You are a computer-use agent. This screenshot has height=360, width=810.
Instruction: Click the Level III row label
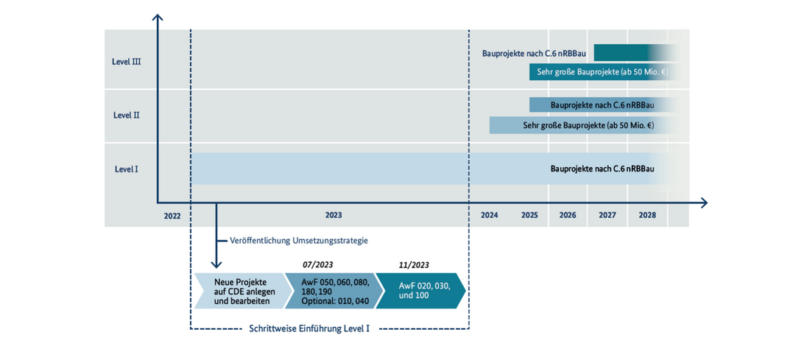pyautogui.click(x=127, y=61)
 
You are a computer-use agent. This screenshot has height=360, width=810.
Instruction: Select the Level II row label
pyautogui.click(x=127, y=115)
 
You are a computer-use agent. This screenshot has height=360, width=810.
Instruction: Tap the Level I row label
pyautogui.click(x=127, y=169)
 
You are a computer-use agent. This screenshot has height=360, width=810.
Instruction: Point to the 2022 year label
pyautogui.click(x=172, y=216)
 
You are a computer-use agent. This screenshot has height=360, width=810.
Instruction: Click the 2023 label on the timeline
pyautogui.click(x=333, y=216)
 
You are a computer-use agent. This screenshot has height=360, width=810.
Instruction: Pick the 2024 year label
pyautogui.click(x=489, y=216)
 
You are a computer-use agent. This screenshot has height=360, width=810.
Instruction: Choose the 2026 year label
pyautogui.click(x=568, y=216)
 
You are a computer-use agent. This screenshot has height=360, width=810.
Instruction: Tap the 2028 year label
pyautogui.click(x=647, y=216)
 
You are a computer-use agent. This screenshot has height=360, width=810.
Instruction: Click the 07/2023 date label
pyautogui.click(x=317, y=265)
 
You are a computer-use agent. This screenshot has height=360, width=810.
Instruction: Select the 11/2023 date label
pyautogui.click(x=415, y=265)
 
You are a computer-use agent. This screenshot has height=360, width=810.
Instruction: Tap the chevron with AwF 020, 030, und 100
pyautogui.click(x=420, y=291)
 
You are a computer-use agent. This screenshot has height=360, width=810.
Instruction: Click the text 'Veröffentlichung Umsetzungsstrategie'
pyautogui.click(x=298, y=241)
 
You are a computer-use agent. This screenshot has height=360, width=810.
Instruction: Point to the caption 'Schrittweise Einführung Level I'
pyautogui.click(x=309, y=328)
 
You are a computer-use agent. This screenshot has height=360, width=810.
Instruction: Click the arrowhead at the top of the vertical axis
pyautogui.click(x=158, y=18)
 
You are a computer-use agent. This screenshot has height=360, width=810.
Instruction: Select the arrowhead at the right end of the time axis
pyautogui.click(x=702, y=202)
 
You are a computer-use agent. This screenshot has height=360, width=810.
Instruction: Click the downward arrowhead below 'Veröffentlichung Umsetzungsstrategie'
pyautogui.click(x=216, y=264)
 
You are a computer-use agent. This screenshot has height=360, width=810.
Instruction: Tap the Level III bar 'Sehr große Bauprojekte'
pyautogui.click(x=602, y=72)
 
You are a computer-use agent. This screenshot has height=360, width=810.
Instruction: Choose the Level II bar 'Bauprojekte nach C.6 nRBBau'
pyautogui.click(x=602, y=105)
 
